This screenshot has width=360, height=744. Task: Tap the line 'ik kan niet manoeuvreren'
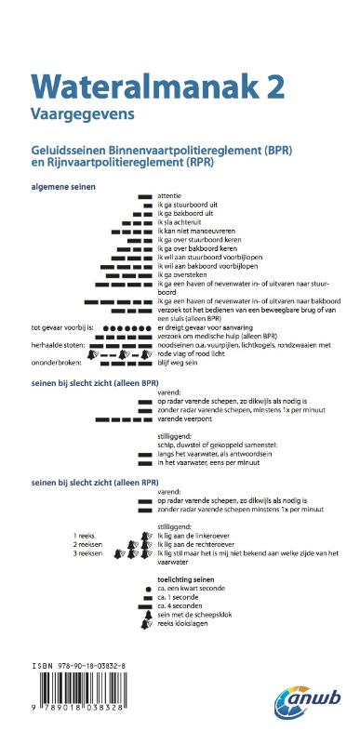pos(196,231)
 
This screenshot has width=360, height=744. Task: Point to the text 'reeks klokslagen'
pos(184,622)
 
